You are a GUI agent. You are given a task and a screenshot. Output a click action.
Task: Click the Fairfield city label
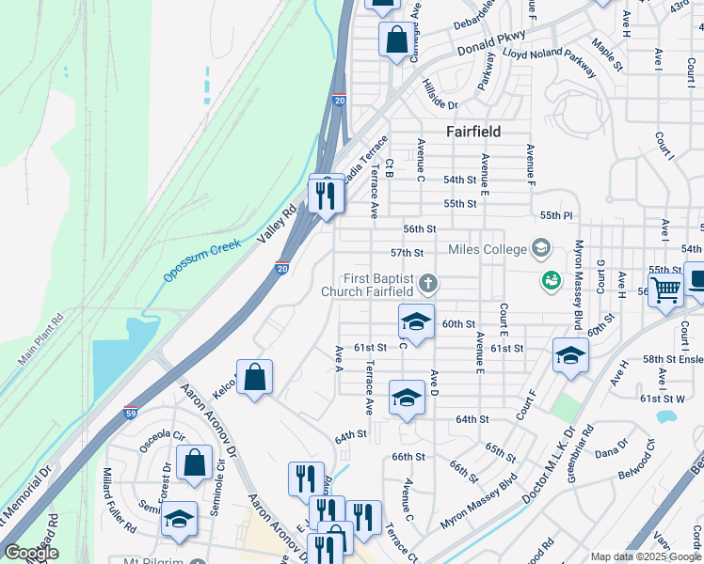[472, 132]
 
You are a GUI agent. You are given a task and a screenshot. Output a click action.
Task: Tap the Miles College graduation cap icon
[540, 249]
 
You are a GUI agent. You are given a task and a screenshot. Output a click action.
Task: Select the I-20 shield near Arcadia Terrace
[339, 98]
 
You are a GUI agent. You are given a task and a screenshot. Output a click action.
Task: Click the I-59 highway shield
[131, 413]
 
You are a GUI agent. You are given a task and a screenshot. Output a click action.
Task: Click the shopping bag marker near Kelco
[254, 378]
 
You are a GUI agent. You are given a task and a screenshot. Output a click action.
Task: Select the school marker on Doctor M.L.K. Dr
[570, 355]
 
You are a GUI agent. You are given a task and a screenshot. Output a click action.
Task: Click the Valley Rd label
[277, 225]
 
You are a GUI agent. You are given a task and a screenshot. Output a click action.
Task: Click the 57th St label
[407, 253]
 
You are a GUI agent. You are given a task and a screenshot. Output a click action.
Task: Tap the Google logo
[31, 553]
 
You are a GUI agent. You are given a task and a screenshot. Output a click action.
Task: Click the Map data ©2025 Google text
[645, 556]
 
